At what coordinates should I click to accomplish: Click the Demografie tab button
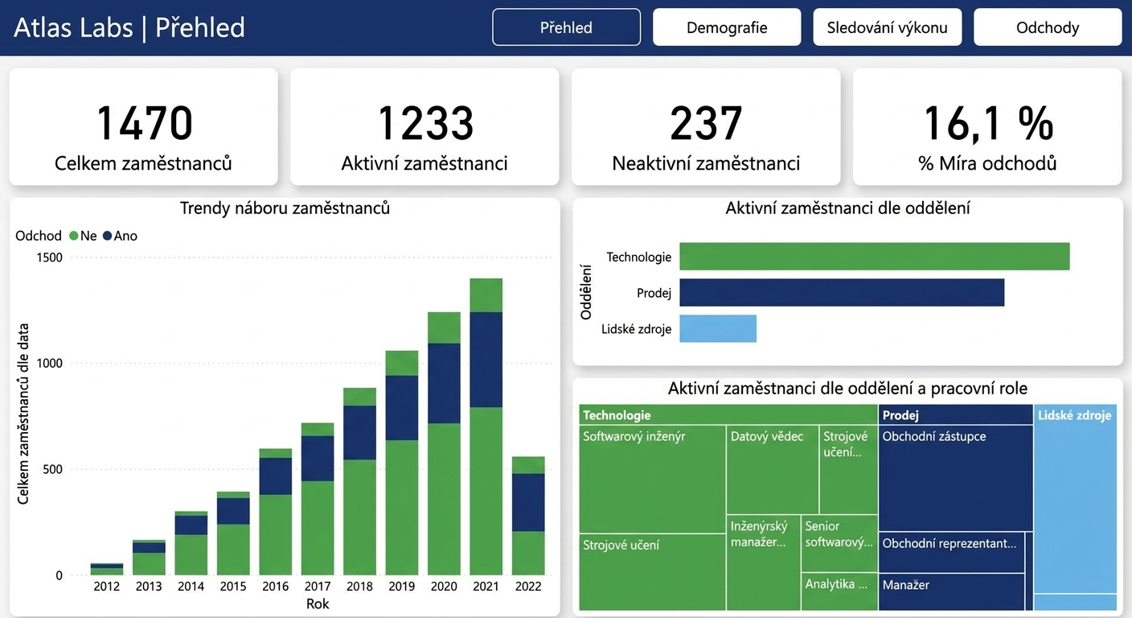727,27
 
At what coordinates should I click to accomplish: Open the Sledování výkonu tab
888,27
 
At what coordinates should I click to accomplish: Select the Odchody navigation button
1048,27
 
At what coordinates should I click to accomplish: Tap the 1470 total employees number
145,123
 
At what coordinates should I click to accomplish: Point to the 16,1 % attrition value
988,123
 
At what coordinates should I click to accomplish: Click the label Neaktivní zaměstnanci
706,163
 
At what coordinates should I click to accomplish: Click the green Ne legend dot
74,236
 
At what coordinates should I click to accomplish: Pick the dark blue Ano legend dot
107,236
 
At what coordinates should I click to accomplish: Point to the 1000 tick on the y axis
50,363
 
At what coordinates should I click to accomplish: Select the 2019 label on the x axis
402,586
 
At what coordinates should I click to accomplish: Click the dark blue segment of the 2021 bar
486,360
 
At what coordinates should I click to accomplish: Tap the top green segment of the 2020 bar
445,328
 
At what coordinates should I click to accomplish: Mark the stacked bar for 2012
107,569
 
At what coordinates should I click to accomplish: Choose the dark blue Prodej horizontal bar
842,292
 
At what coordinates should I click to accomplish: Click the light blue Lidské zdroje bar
718,329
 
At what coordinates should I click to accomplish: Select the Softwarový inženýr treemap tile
652,479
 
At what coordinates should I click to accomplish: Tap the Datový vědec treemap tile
772,469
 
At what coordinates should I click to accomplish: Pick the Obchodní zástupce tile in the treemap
956,478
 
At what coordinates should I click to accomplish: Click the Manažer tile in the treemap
952,591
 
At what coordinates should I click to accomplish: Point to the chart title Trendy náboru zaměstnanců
285,208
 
